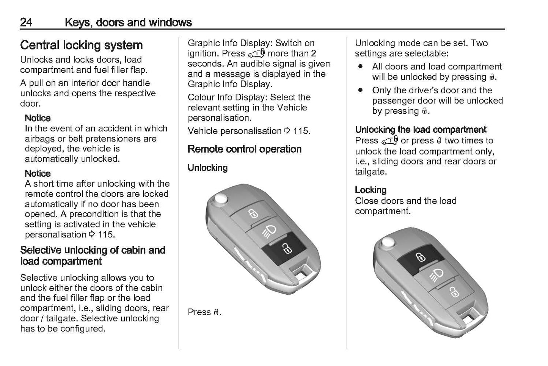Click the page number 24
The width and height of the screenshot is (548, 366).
point(26,22)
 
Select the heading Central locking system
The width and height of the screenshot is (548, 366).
point(81,45)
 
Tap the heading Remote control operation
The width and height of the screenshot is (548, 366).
point(245,149)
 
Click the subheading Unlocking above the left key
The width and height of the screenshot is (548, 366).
point(207,168)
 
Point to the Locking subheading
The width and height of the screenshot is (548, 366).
point(371,190)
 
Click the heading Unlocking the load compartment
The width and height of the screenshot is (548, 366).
point(420,130)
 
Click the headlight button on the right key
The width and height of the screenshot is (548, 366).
point(436,274)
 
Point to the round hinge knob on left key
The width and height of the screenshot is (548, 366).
point(219,199)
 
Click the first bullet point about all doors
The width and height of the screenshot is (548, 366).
point(360,67)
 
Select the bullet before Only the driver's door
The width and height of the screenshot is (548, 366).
point(360,91)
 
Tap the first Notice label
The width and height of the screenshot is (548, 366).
point(38,118)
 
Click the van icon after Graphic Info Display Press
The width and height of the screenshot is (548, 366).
point(256,54)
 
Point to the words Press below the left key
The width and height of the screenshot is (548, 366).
point(199,312)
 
